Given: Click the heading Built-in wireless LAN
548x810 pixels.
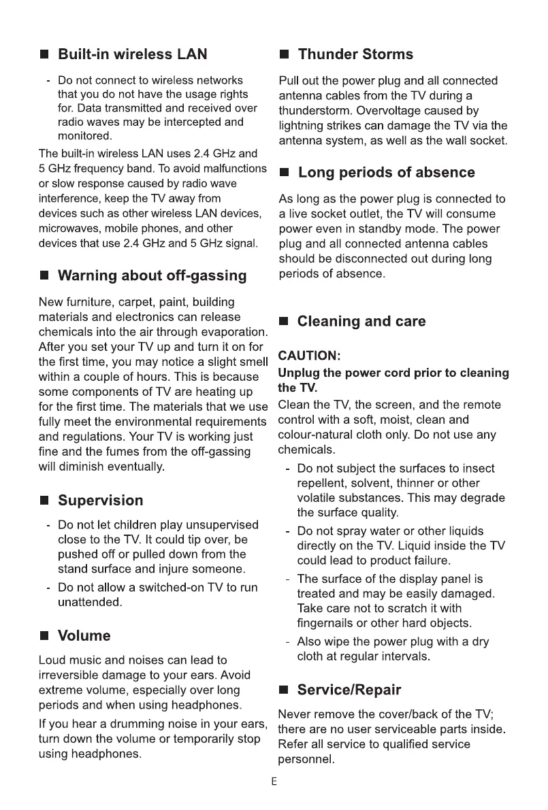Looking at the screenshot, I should pos(133,54).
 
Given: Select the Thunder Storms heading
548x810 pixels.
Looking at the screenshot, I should pos(355,54).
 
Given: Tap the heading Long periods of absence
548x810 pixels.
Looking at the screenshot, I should pos(387,173).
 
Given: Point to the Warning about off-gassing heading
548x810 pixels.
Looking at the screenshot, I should pos(152,276).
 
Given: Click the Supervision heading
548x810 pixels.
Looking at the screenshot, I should pos(101,501).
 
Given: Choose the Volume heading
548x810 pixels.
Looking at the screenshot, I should pos(84,637).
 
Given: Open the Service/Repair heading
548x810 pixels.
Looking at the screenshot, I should pos(350,690).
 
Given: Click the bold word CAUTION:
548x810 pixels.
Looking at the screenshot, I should pos(308,356).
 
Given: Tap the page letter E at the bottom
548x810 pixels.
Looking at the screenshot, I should pos(274,782).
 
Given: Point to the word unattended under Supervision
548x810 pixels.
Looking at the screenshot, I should pos(90,603).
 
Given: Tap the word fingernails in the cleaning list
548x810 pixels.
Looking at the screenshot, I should pos(330,623).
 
